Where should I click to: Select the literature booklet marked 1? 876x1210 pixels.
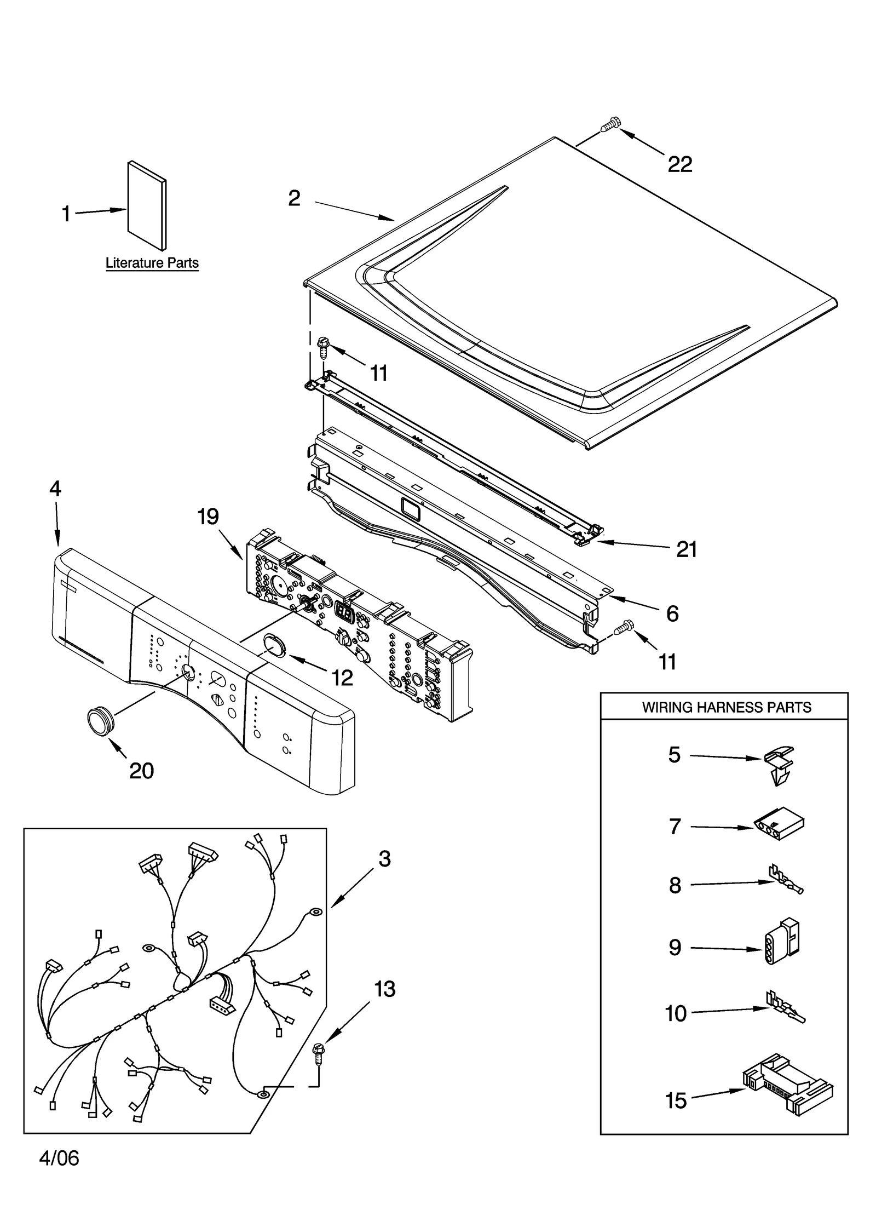click(x=147, y=205)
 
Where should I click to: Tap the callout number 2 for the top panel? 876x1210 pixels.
click(x=295, y=198)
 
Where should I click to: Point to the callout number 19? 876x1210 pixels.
click(x=208, y=517)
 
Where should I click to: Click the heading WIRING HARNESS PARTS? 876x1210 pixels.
click(x=726, y=707)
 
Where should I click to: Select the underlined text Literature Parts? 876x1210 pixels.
click(x=152, y=263)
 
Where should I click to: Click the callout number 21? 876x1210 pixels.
click(x=687, y=549)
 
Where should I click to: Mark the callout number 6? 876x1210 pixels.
click(x=672, y=613)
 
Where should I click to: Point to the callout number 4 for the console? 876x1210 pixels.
click(x=55, y=489)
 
